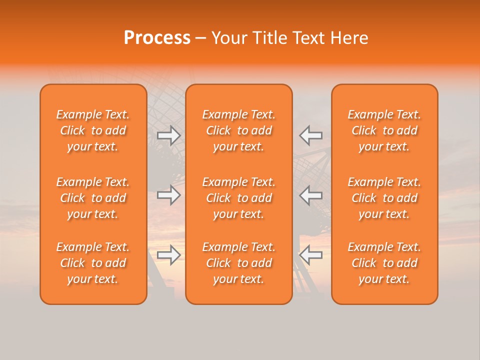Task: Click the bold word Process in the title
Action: (157, 38)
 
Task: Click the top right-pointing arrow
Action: (169, 135)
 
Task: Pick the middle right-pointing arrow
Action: (169, 195)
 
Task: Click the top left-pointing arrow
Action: (311, 135)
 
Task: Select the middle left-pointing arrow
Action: (311, 195)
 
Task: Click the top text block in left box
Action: (93, 130)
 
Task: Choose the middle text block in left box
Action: (93, 198)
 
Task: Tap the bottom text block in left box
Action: (93, 263)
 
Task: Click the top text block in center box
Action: (239, 130)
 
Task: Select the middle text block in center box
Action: (239, 198)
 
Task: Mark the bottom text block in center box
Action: (239, 263)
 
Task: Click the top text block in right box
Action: (384, 130)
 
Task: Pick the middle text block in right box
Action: (384, 198)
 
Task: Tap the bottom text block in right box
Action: (384, 263)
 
